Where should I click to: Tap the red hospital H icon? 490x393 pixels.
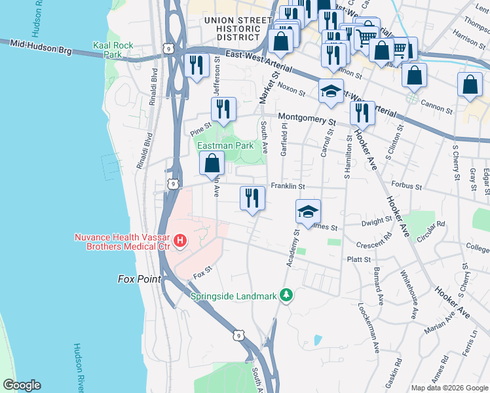[x=179, y=242]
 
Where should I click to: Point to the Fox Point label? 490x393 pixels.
[x=140, y=279]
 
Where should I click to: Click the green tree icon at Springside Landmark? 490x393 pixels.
[x=286, y=295]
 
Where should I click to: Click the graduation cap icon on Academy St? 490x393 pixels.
[x=308, y=212]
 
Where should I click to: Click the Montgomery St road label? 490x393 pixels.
[x=307, y=120]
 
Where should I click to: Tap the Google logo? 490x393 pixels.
[x=22, y=385]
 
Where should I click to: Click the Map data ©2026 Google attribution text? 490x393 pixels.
[x=449, y=388]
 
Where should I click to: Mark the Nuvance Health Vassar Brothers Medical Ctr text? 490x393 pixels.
[x=120, y=242]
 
